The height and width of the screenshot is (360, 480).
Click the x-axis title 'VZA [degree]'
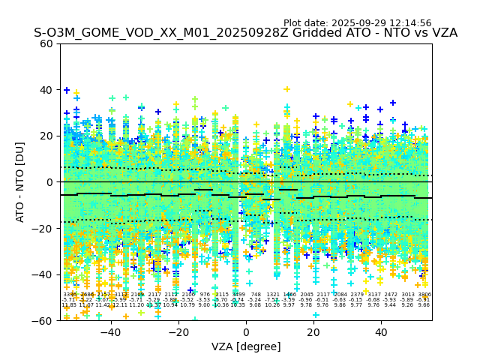(246, 346)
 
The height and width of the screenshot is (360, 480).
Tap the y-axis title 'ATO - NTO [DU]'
(20, 181)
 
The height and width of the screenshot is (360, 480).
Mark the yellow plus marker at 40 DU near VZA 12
(286, 89)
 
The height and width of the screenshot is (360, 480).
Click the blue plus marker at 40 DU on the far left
(67, 90)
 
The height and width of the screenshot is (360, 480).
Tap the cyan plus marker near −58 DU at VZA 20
(316, 315)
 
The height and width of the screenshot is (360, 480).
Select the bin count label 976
(205, 295)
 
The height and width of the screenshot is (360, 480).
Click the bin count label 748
(256, 295)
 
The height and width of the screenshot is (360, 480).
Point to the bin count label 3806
(424, 295)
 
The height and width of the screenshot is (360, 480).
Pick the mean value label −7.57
(272, 300)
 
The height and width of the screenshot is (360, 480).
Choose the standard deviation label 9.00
(204, 305)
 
